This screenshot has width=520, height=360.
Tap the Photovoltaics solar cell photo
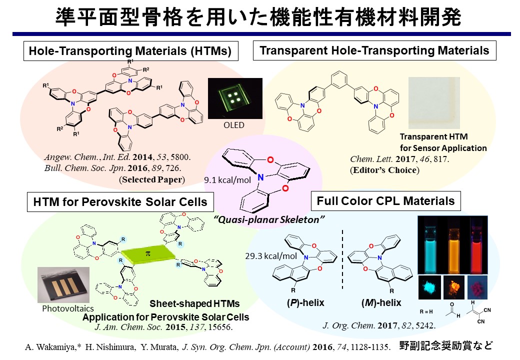63,286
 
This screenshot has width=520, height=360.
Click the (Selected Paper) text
151,179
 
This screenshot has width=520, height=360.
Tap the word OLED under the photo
234,125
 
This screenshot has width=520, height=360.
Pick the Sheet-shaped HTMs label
194,303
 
